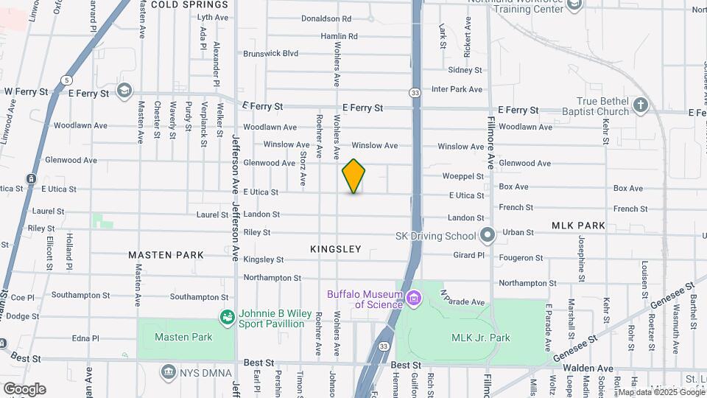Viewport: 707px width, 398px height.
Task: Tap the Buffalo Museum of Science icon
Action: pos(413,298)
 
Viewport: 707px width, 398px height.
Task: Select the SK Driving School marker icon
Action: pos(487,237)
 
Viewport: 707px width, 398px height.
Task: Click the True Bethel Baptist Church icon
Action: pos(641,105)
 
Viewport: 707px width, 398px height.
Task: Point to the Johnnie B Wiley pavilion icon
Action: pos(228,318)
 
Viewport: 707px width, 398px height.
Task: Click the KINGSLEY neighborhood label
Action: pos(336,249)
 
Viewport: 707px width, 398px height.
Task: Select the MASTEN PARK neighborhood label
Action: pos(166,255)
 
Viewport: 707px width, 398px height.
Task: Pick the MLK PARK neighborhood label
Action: pos(578,226)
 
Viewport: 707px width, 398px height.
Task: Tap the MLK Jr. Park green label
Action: pos(480,338)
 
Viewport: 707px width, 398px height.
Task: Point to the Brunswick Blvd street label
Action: pos(270,54)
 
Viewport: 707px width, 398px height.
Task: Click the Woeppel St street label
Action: pos(463,177)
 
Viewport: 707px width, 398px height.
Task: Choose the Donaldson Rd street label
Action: pos(326,18)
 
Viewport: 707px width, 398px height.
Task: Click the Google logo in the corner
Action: pos(24,389)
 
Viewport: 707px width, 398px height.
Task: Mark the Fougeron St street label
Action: pos(521,259)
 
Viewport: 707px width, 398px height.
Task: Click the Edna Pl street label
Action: pos(85,339)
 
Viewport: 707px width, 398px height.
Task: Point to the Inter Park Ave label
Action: pos(457,90)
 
